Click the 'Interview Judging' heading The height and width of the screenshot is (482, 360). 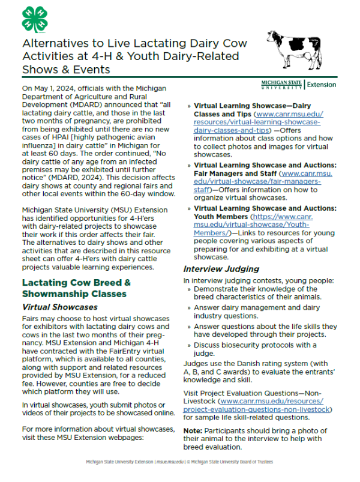tap(221, 268)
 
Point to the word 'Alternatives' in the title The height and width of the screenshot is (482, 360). tap(58, 44)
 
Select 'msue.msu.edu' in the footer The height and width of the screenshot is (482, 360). tap(170, 463)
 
